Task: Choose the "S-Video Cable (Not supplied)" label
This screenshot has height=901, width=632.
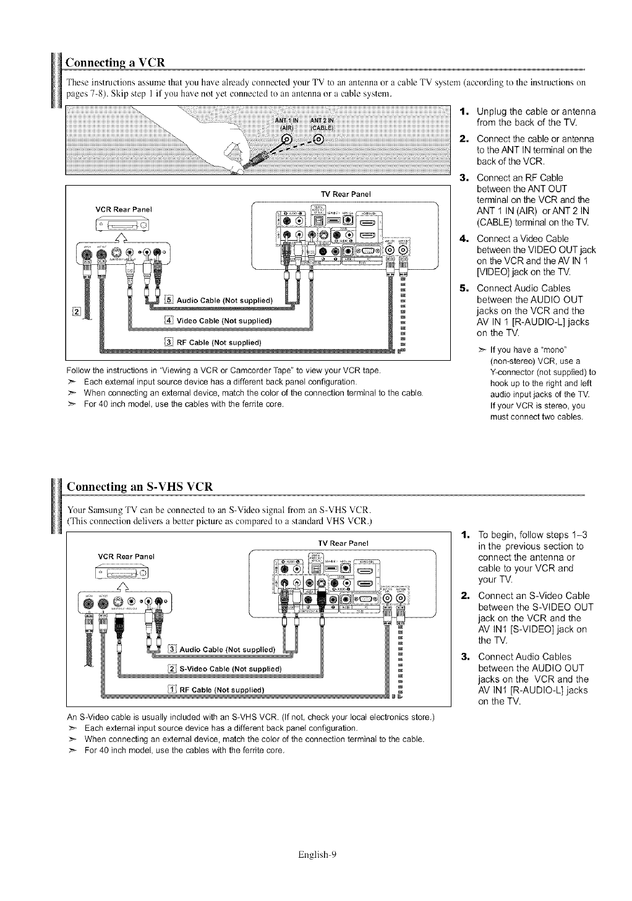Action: click(x=229, y=669)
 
